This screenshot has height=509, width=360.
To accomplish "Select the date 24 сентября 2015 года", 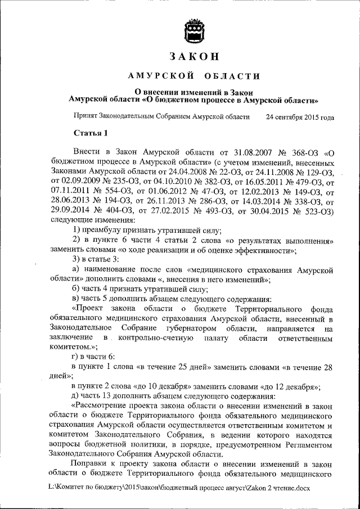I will pyautogui.click(x=300, y=118).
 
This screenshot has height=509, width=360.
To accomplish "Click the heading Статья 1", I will pyautogui.click(x=89, y=133).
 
